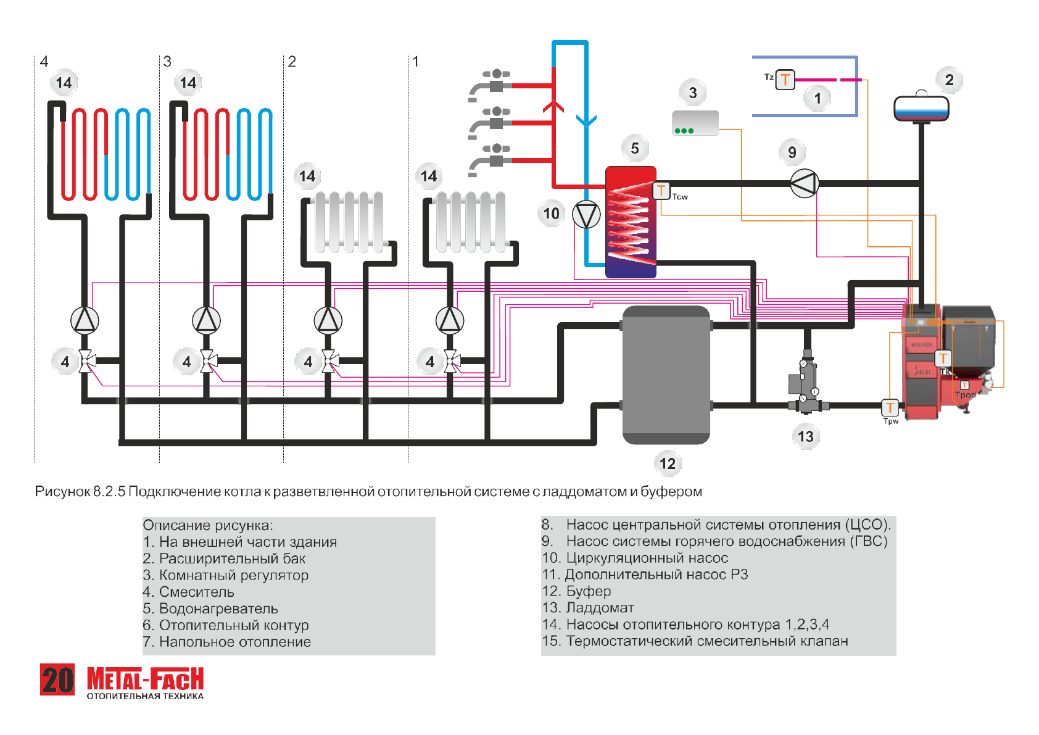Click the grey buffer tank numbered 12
pyautogui.click(x=666, y=375)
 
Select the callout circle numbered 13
pyautogui.click(x=806, y=436)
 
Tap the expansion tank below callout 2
pyautogui.click(x=921, y=109)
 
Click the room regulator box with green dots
pyautogui.click(x=695, y=123)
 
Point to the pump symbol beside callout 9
pyautogui.click(x=804, y=183)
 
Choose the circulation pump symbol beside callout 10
pyautogui.click(x=586, y=215)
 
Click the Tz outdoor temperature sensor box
pyautogui.click(x=785, y=80)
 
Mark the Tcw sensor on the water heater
pyautogui.click(x=661, y=191)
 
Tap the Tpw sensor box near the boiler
pyautogui.click(x=890, y=407)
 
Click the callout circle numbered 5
pyautogui.click(x=635, y=148)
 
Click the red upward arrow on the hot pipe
pyautogui.click(x=553, y=106)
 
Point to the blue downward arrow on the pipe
pyautogui.click(x=586, y=120)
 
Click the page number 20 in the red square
pyautogui.click(x=57, y=679)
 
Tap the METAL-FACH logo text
pyautogui.click(x=145, y=679)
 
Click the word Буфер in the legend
pyautogui.click(x=589, y=591)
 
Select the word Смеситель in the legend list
pyautogui.click(x=196, y=592)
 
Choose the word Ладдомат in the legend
pyautogui.click(x=600, y=608)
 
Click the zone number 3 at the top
pyautogui.click(x=167, y=61)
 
